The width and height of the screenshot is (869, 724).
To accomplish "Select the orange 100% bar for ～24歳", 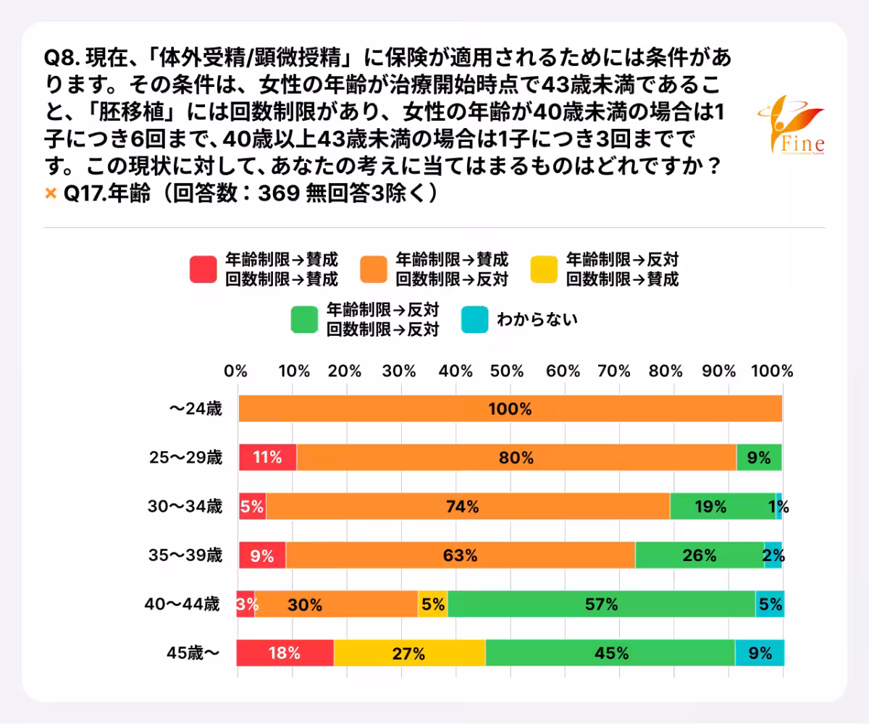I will click(x=510, y=409).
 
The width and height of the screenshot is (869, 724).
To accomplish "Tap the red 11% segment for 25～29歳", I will click(x=268, y=458).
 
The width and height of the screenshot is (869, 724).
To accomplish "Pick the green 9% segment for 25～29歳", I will click(x=759, y=458).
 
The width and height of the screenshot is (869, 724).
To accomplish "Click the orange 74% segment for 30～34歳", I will click(x=468, y=507).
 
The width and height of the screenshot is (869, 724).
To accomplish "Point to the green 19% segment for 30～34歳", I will click(x=722, y=507).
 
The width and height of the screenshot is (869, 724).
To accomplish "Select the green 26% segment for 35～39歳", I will click(x=700, y=556).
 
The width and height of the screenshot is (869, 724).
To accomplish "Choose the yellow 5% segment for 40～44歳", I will click(x=432, y=605).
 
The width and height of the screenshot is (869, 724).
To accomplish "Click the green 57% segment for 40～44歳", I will click(x=601, y=605).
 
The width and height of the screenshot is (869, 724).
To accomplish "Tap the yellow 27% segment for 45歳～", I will click(x=409, y=653).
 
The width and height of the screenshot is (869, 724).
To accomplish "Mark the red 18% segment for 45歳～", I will click(x=285, y=653).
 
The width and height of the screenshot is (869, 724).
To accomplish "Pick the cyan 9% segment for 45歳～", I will click(x=759, y=653).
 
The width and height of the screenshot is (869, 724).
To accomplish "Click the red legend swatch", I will click(x=202, y=269).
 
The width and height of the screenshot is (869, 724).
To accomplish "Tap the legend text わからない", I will click(x=537, y=319).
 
